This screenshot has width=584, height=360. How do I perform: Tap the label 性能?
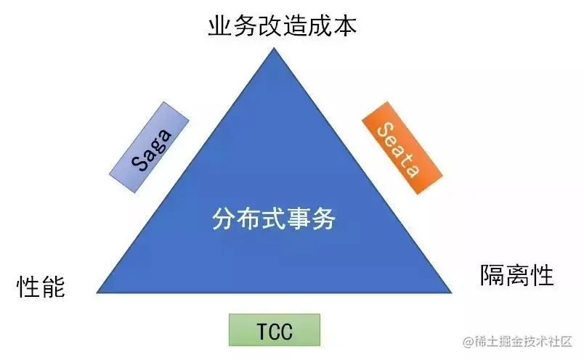pyautogui.click(x=41, y=287)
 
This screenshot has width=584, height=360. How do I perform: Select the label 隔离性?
pyautogui.click(x=516, y=276)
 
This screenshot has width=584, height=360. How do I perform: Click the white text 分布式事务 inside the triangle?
pyautogui.click(x=275, y=218)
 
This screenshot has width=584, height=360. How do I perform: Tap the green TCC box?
pyautogui.click(x=274, y=330)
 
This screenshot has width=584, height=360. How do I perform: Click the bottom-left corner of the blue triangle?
pyautogui.click(x=97, y=292)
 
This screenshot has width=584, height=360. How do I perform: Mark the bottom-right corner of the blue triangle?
pyautogui.click(x=451, y=292)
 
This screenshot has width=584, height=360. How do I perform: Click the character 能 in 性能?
pyautogui.click(x=53, y=287)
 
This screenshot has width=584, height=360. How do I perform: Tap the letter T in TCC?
pyautogui.click(x=262, y=331)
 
